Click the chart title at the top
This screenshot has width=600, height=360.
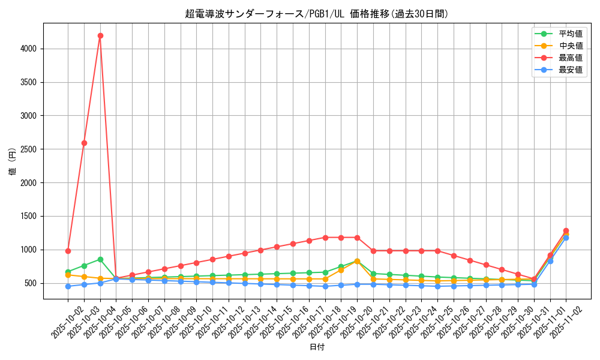coord(316,14)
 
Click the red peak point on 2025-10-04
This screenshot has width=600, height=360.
coord(100,35)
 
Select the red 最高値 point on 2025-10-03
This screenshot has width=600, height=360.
coord(84,143)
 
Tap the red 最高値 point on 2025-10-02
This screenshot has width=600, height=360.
coord(68,251)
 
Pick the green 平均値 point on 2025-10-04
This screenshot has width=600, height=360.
coord(100,259)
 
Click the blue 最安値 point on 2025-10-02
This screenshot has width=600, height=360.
coord(68,286)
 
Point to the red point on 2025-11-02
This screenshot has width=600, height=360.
coord(566,230)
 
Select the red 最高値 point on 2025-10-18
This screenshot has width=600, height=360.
coord(325,238)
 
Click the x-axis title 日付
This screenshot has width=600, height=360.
coord(316,347)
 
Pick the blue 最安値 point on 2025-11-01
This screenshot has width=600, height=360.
coord(550,261)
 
